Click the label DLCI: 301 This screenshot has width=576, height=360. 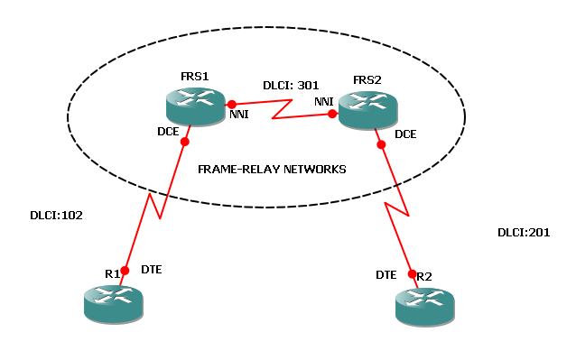(291, 84)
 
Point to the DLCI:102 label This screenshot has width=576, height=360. (55, 217)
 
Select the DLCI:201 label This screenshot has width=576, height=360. (525, 232)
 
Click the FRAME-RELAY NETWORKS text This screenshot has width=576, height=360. (272, 169)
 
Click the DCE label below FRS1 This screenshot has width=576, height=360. (169, 132)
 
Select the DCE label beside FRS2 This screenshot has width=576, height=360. (405, 134)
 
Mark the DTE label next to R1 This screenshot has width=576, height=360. (153, 270)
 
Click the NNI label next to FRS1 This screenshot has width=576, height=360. (239, 115)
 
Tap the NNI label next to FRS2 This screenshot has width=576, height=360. (325, 102)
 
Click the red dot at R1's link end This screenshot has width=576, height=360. (125, 270)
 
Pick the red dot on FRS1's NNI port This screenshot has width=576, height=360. (232, 103)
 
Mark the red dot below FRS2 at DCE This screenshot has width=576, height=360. (381, 143)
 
